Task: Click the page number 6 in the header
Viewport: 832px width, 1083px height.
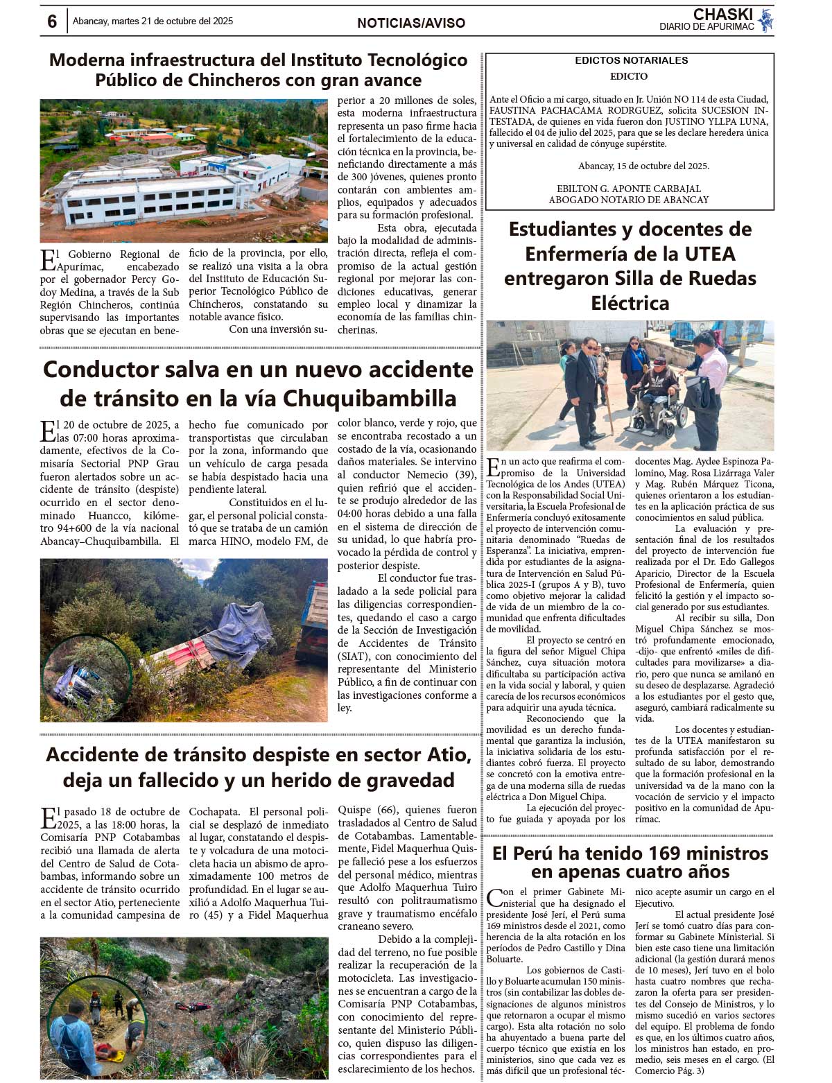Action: coord(52,21)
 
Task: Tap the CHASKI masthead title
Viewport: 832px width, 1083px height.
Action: coord(722,15)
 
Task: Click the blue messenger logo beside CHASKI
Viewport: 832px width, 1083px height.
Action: coord(765,20)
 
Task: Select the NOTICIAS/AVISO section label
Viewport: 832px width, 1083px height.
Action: coord(411,23)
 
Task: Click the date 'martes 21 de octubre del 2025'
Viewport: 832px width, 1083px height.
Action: coord(173,21)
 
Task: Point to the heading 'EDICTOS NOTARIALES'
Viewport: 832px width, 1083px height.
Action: coord(631,60)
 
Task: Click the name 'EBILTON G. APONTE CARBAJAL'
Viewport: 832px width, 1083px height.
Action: coord(628,189)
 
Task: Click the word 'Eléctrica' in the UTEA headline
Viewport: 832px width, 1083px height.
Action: coord(630,303)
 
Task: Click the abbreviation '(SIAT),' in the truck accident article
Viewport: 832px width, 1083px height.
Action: coord(355,657)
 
